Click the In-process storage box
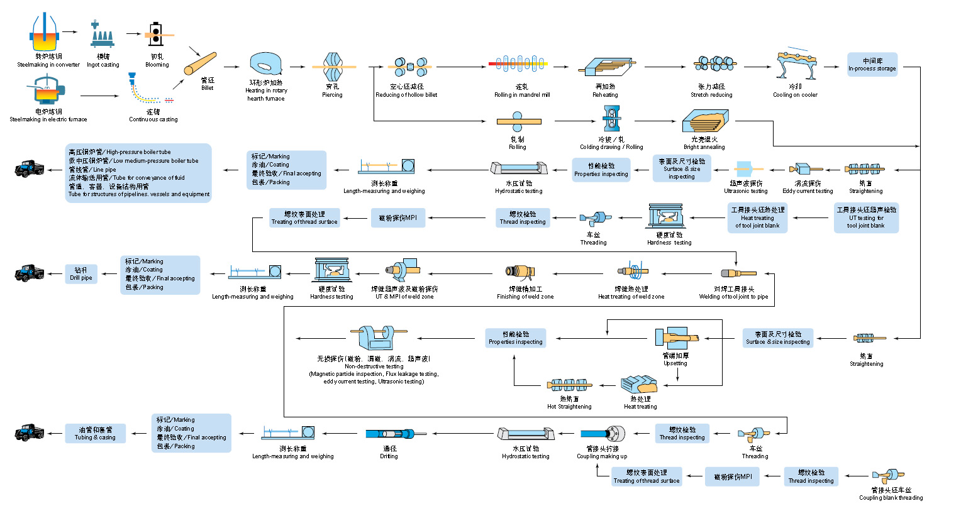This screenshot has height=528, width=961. pos(872,65)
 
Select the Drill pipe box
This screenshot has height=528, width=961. pos(81,274)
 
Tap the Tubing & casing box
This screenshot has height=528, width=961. pos(96,434)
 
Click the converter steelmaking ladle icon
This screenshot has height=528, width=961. pos(45,34)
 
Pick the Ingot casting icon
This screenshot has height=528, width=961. pos(103,36)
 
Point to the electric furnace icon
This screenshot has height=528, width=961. pos(47,91)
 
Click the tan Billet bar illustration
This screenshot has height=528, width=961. pos(200,63)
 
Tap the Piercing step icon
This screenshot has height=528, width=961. pos(333,66)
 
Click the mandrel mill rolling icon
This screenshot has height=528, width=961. pos(519,64)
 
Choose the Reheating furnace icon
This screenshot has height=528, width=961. pos(604,67)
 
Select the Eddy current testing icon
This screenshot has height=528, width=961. pos(805,169)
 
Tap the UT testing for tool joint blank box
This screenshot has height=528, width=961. pos(866,217)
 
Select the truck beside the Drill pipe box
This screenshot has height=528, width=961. pos(29,273)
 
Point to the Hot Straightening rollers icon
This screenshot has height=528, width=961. pos(569,385)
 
